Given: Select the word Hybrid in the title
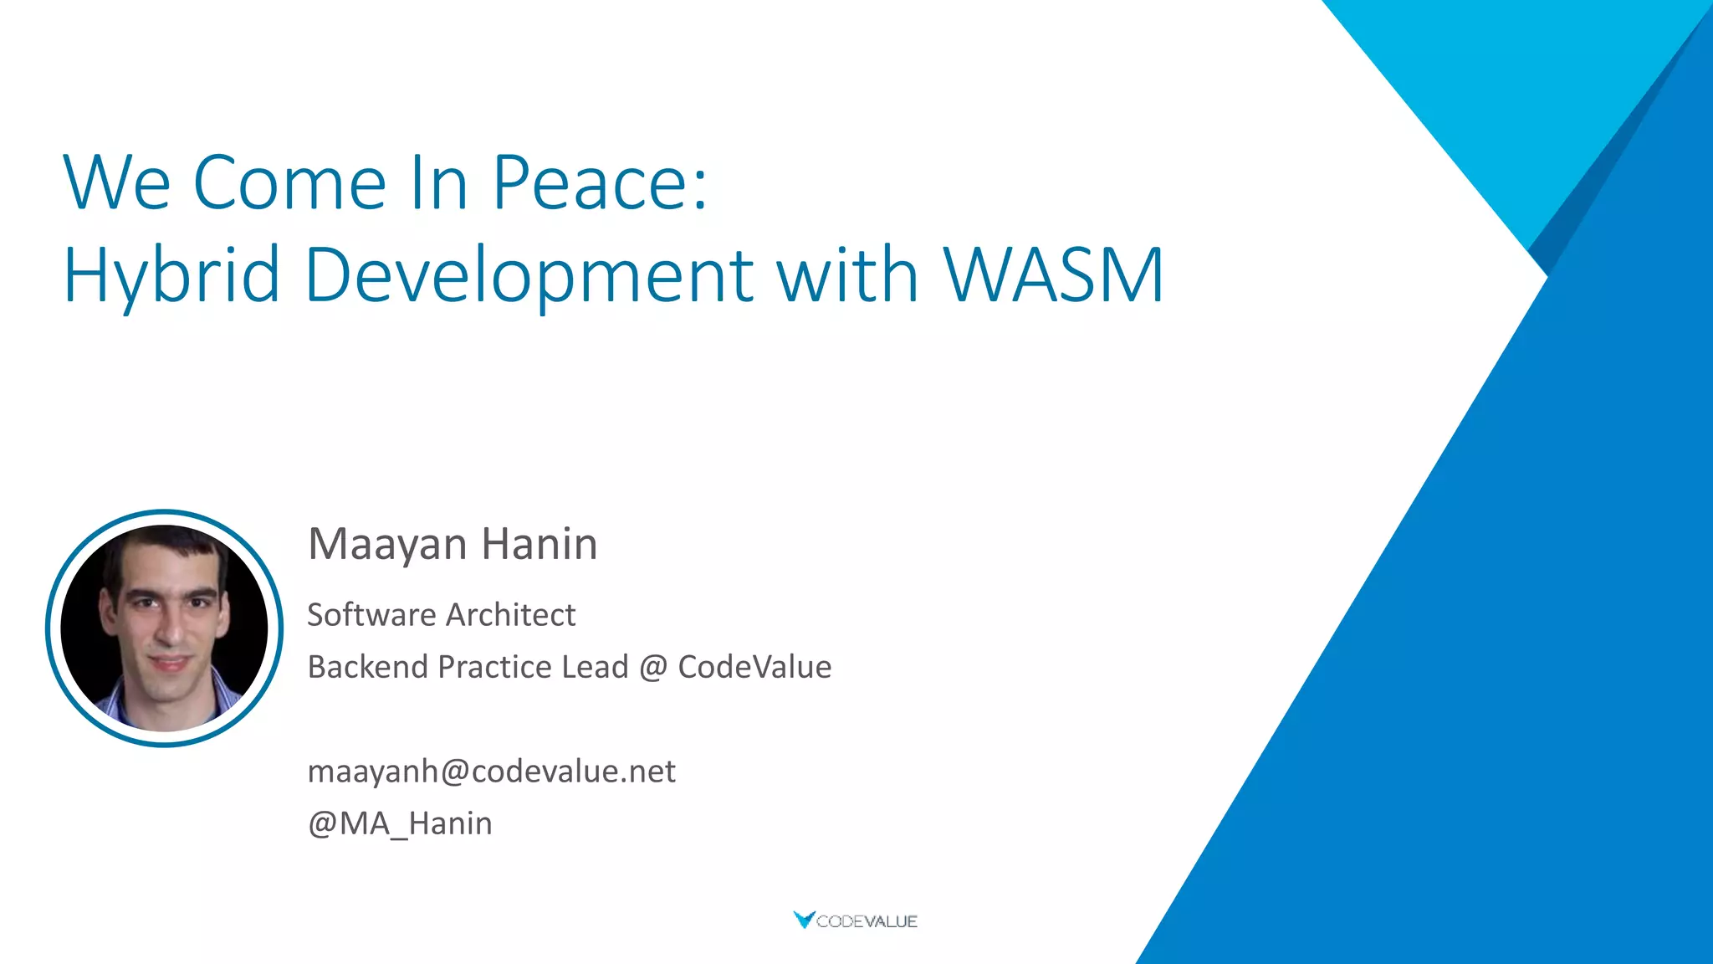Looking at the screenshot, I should click(x=171, y=276).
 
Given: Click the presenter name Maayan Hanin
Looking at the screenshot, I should click(x=453, y=544).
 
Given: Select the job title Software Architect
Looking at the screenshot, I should click(x=441, y=615).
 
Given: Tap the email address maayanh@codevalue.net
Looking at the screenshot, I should click(x=491, y=771).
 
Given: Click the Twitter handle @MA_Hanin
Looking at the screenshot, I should click(x=400, y=823).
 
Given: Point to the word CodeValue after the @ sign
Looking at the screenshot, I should click(x=754, y=667).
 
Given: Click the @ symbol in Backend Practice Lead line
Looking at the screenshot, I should click(x=653, y=668).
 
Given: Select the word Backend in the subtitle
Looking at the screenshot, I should click(x=368, y=667).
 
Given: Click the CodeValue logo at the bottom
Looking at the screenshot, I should click(x=855, y=920).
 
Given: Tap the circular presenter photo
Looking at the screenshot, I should click(x=165, y=628).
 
